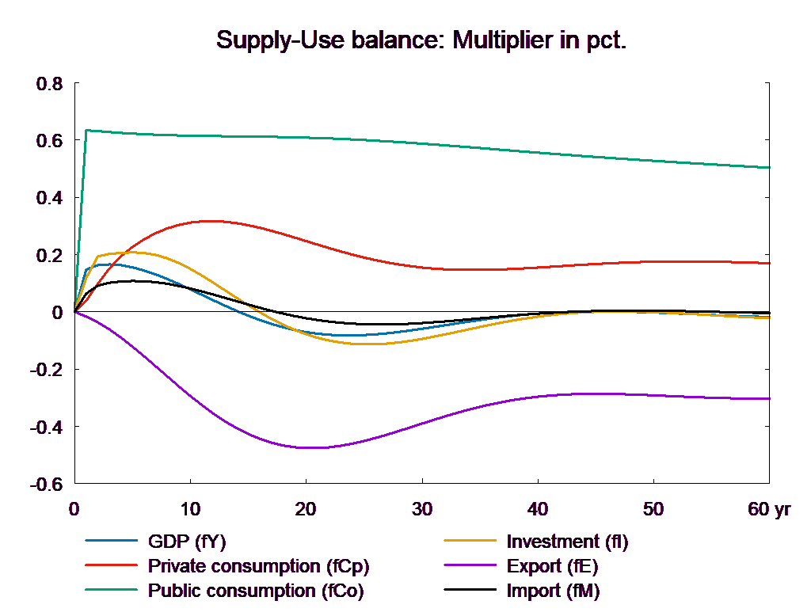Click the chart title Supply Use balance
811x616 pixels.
[x=421, y=40]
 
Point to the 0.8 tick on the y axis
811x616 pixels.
[x=48, y=84]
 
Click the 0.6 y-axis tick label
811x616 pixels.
[x=48, y=141]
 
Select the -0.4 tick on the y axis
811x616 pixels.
[x=45, y=427]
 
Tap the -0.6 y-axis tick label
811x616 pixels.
[x=45, y=484]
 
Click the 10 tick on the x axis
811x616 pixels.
[x=190, y=509]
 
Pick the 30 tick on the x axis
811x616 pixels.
[x=422, y=509]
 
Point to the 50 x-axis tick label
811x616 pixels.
[x=653, y=509]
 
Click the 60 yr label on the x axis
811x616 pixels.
[x=769, y=509]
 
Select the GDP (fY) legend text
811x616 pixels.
[x=188, y=542]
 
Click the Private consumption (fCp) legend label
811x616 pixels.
[x=258, y=566]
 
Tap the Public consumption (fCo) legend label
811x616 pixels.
[x=256, y=591]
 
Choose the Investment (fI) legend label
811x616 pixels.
[x=567, y=542]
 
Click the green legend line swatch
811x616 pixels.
[x=112, y=591]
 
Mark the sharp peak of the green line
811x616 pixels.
[x=86, y=130]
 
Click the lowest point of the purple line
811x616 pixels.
[x=307, y=448]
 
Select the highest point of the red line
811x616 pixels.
[x=208, y=221]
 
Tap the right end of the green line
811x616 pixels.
[x=770, y=168]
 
